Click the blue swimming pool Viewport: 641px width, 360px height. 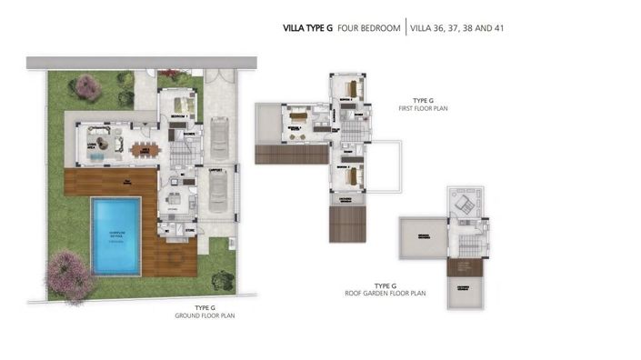click(x=115, y=235)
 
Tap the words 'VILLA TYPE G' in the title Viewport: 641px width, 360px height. click(x=308, y=28)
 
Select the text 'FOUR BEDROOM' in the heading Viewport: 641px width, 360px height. click(x=368, y=28)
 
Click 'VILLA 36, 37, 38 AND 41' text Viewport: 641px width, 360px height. click(x=457, y=28)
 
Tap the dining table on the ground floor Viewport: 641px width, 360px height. click(x=144, y=148)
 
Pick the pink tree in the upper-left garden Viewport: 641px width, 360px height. click(x=88, y=87)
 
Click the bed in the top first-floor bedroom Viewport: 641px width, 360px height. click(x=352, y=88)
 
